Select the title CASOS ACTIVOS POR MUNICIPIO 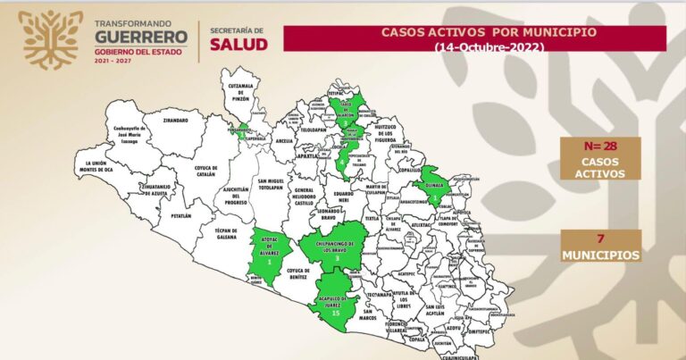point(474,32)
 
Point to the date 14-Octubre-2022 point(474,47)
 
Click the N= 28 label point(599,146)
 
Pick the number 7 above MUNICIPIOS point(600,238)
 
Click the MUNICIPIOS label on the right point(600,255)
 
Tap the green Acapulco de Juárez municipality point(336,306)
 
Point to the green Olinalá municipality point(433,187)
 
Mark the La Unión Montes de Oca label point(98,165)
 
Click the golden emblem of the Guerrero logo point(50,39)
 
